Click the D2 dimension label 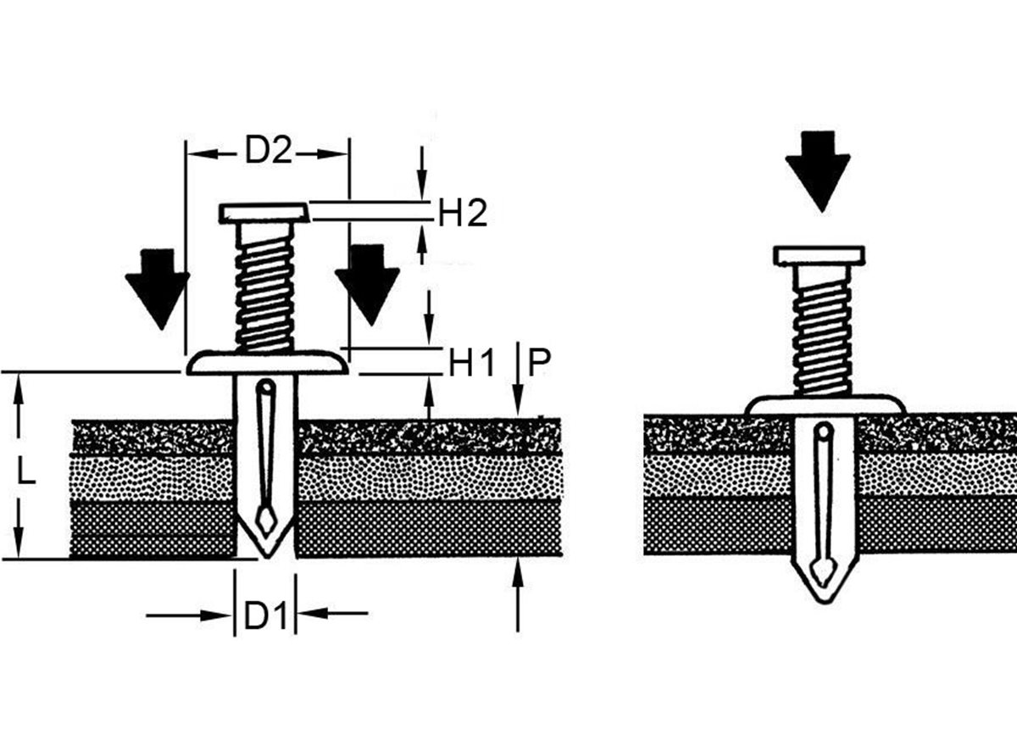(268, 152)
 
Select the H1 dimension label (471, 365)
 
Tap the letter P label (539, 365)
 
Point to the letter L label (27, 471)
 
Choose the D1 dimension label (264, 617)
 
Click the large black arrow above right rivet (818, 170)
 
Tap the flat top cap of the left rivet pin (264, 212)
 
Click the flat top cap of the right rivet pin (819, 254)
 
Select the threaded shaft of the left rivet (264, 288)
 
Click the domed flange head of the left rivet (267, 363)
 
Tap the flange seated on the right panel (825, 405)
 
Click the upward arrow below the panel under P (518, 593)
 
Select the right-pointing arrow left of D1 (186, 615)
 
